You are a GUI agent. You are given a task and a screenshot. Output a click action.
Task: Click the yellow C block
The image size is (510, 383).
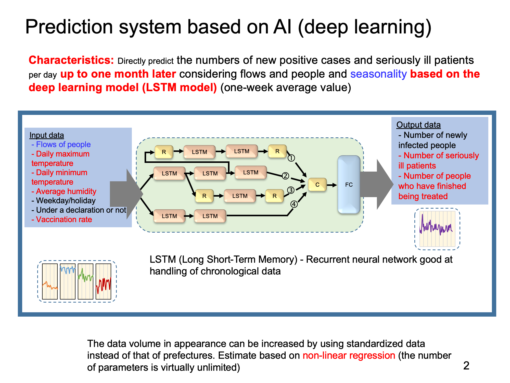(x=317, y=185)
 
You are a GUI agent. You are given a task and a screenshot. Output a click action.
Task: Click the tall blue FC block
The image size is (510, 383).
(x=349, y=185)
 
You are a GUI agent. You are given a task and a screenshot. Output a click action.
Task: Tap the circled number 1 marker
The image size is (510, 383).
(x=291, y=158)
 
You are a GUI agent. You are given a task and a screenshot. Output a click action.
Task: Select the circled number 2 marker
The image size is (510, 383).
(x=285, y=176)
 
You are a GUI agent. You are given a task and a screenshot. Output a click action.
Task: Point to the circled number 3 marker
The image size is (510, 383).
(x=291, y=190)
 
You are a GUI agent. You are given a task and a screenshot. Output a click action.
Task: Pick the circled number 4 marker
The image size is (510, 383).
(x=294, y=204)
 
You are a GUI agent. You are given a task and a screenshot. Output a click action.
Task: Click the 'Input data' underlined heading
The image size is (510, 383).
(x=47, y=135)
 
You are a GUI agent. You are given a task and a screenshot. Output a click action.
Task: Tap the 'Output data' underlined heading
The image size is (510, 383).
(x=418, y=125)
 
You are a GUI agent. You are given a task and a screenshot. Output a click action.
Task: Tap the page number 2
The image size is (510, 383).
(x=466, y=366)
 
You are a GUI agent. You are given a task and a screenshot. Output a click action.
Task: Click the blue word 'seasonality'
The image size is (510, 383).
(x=378, y=74)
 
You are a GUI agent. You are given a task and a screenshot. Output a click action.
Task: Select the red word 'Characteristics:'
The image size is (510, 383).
(x=71, y=60)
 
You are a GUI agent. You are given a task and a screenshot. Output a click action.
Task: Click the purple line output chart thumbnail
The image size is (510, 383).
(x=437, y=229)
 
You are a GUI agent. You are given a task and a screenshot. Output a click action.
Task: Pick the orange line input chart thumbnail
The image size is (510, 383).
(x=50, y=281)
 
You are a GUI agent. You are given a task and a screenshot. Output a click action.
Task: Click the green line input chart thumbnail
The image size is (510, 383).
(x=85, y=281)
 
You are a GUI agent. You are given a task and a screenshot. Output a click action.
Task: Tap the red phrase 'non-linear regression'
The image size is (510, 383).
(x=349, y=355)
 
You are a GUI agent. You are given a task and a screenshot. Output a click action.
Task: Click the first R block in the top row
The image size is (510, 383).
(x=164, y=152)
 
